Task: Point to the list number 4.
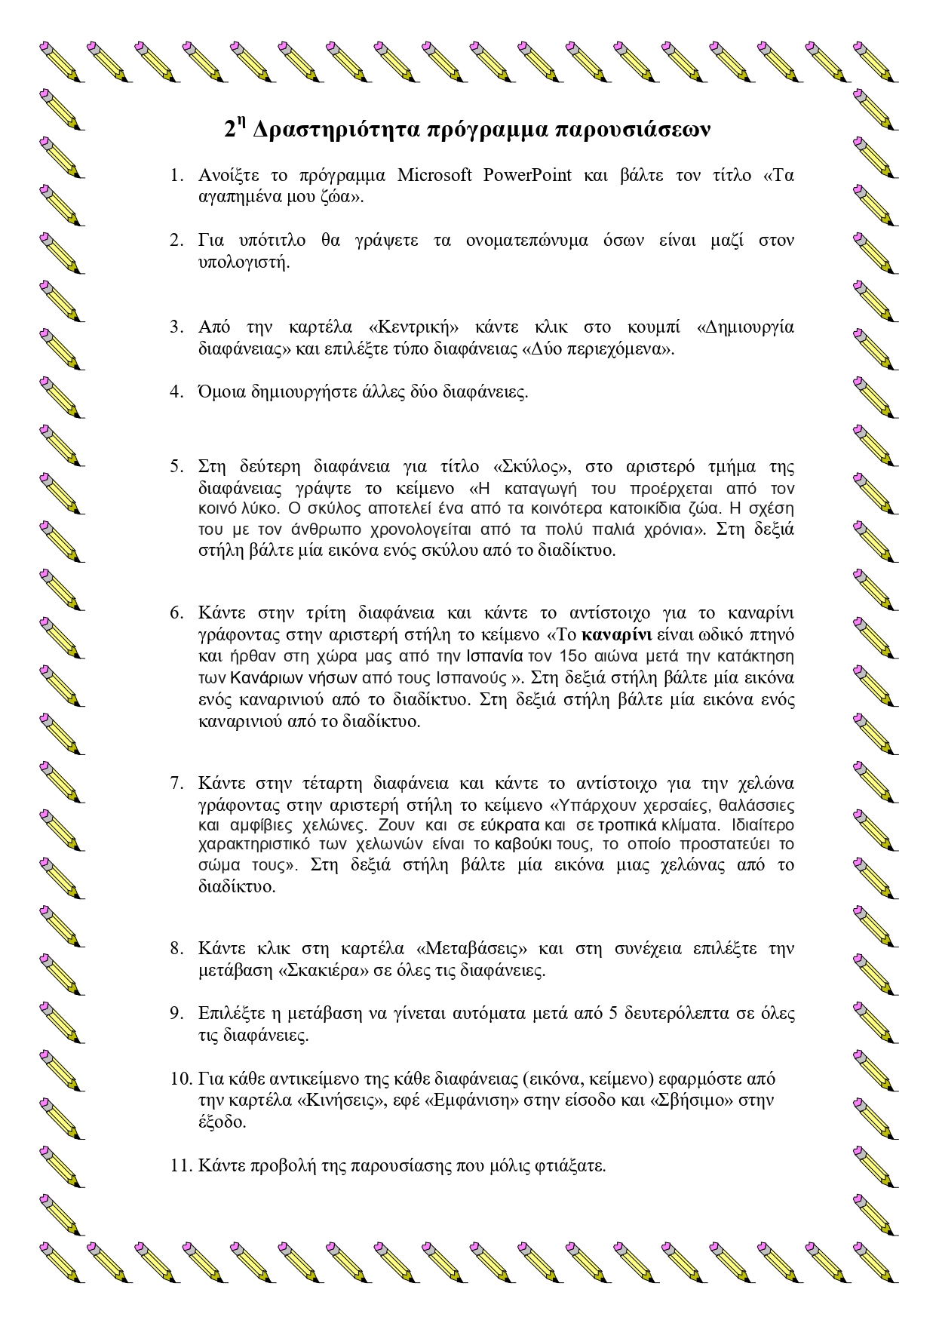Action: [176, 391]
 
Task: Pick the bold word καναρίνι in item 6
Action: [623, 633]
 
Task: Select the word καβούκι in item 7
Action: [524, 843]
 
